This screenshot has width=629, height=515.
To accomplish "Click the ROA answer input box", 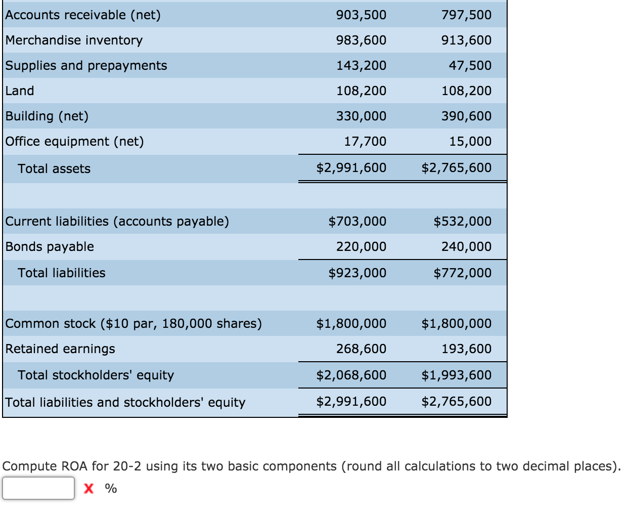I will pyautogui.click(x=38, y=488).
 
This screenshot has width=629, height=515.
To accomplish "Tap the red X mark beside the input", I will pyautogui.click(x=89, y=488).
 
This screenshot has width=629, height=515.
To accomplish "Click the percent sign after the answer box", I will pyautogui.click(x=111, y=488).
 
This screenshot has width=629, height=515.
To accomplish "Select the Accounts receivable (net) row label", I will pyautogui.click(x=83, y=15).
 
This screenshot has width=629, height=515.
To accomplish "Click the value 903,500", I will pyautogui.click(x=361, y=15).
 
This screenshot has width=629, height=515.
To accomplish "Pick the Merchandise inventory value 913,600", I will pyautogui.click(x=466, y=40).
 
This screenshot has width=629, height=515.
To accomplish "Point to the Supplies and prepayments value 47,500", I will pyautogui.click(x=470, y=66).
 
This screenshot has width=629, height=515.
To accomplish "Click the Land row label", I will pyautogui.click(x=20, y=91).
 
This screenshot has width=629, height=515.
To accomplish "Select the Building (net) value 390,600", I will pyautogui.click(x=466, y=116).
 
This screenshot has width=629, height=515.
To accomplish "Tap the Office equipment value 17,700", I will pyautogui.click(x=365, y=142).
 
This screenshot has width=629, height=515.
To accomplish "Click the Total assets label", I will pyautogui.click(x=54, y=169).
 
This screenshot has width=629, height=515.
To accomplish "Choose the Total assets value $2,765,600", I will pyautogui.click(x=456, y=168).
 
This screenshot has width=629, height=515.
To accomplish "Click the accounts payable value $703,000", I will pyautogui.click(x=357, y=222).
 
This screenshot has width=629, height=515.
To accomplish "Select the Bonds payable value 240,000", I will pyautogui.click(x=466, y=247).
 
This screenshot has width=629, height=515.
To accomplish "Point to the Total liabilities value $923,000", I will pyautogui.click(x=357, y=273).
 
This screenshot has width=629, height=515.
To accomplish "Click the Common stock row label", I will pyautogui.click(x=133, y=324).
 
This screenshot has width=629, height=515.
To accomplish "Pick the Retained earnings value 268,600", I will pyautogui.click(x=361, y=349).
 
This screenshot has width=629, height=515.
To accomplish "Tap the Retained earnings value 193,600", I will pyautogui.click(x=466, y=349).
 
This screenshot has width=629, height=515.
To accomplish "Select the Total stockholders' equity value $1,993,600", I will pyautogui.click(x=456, y=375).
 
